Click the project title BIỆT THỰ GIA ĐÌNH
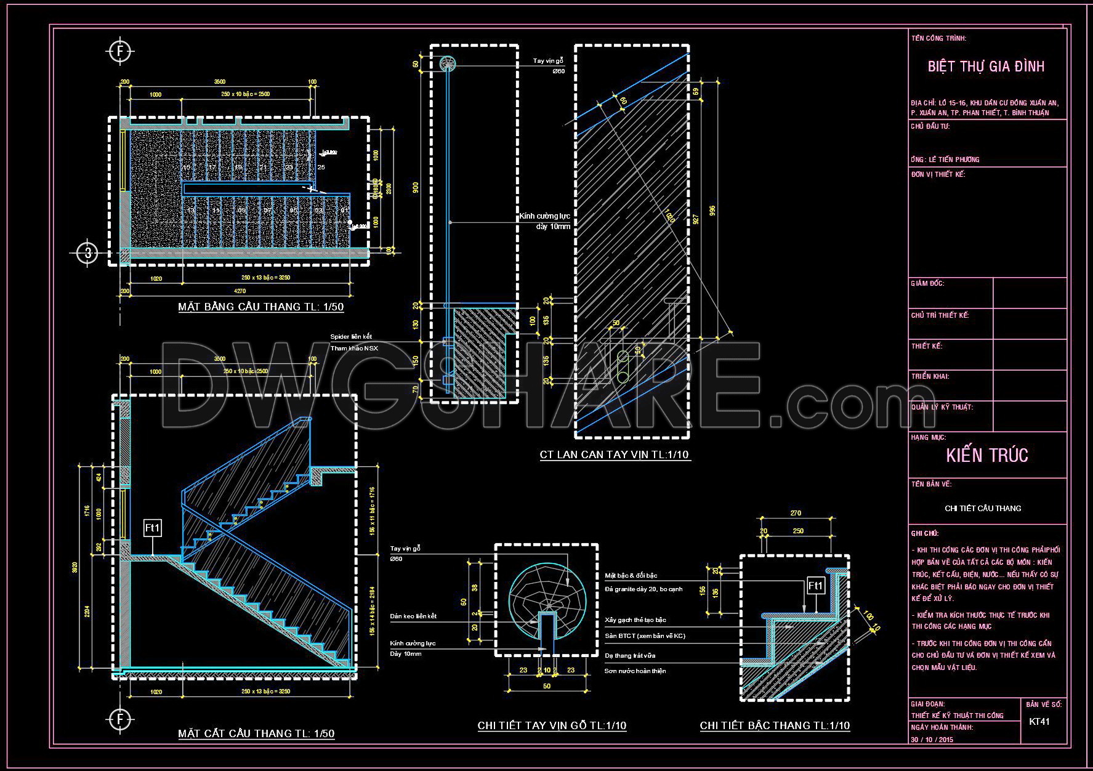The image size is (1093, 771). (986, 67)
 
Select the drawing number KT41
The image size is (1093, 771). (1039, 721)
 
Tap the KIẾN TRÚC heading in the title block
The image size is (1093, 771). (987, 456)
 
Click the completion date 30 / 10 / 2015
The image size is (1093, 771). (932, 739)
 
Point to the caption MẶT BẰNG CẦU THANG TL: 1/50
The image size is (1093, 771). (260, 307)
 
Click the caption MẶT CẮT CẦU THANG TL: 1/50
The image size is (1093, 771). (256, 733)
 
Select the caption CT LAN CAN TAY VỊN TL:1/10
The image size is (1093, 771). (615, 455)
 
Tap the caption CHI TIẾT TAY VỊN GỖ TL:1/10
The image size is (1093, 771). (552, 725)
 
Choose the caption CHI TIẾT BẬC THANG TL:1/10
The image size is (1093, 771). (775, 725)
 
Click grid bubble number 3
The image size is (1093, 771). (89, 252)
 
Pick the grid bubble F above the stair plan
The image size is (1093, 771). (120, 51)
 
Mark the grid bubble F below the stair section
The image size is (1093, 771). (120, 719)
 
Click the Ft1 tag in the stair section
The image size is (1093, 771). (152, 528)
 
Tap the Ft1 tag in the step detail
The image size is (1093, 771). (815, 586)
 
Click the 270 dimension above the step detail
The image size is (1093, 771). (795, 513)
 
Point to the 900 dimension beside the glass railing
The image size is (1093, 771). (416, 188)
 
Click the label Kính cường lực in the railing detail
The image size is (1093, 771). (544, 216)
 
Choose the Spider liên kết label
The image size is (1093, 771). (351, 337)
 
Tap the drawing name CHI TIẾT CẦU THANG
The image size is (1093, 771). (983, 508)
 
